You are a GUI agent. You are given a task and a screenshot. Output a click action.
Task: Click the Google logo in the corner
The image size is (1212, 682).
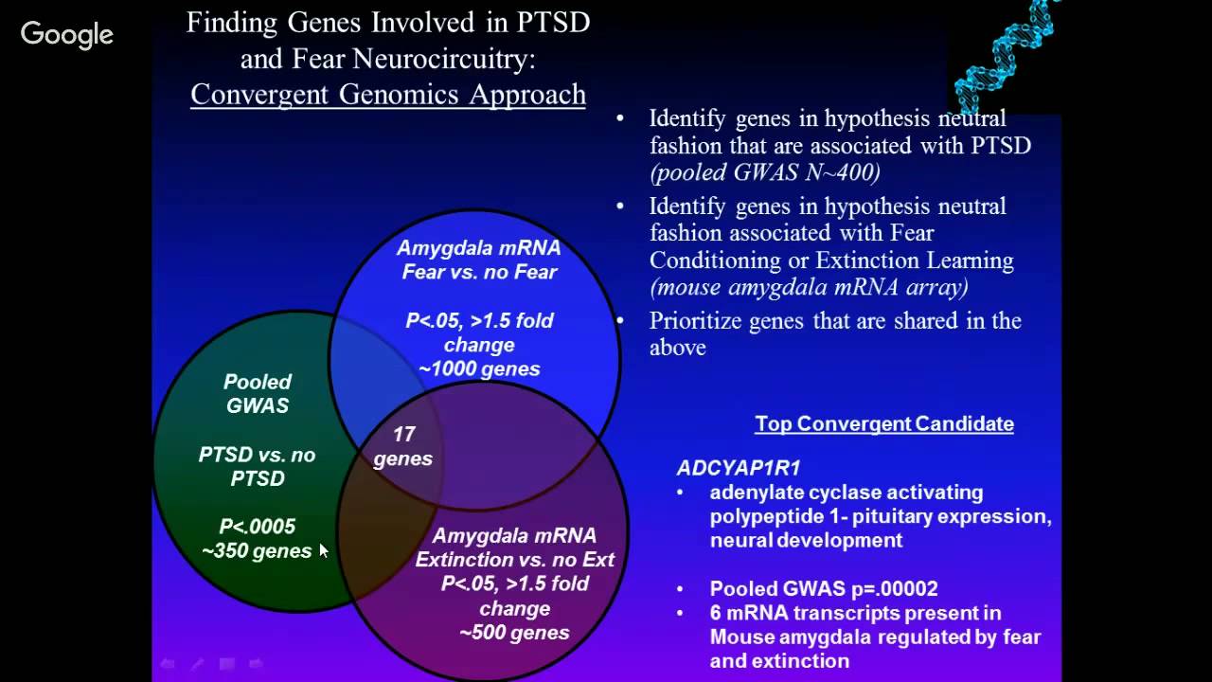66,35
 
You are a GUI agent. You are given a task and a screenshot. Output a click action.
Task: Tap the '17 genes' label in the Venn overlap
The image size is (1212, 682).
403,446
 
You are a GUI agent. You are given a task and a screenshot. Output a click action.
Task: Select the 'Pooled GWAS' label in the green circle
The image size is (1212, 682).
257,394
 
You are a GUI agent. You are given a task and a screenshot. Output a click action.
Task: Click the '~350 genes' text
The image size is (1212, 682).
257,551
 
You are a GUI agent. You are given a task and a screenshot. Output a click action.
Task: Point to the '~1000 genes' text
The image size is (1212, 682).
479,369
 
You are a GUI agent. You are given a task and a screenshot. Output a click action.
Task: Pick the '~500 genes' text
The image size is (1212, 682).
514,633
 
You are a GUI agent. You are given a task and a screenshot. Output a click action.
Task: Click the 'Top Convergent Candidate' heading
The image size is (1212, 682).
883,424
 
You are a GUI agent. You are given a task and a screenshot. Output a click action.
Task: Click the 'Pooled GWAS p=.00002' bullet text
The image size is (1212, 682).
824,588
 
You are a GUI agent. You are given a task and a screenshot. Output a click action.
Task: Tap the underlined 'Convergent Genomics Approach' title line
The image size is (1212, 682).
388,95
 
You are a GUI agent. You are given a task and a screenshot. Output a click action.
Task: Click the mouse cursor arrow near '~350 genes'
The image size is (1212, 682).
323,550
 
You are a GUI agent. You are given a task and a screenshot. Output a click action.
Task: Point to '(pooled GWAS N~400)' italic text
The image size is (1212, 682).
764,172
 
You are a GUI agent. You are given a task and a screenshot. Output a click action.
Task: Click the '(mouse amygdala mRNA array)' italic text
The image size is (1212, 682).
809,287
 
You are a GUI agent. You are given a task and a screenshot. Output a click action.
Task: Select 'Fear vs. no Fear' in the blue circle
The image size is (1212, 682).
479,272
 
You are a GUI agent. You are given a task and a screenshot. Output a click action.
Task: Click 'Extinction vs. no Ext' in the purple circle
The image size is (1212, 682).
514,560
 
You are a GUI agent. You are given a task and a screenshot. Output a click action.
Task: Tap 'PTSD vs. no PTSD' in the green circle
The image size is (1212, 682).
257,467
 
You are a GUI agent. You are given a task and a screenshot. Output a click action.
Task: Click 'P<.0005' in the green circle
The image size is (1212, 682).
257,527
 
